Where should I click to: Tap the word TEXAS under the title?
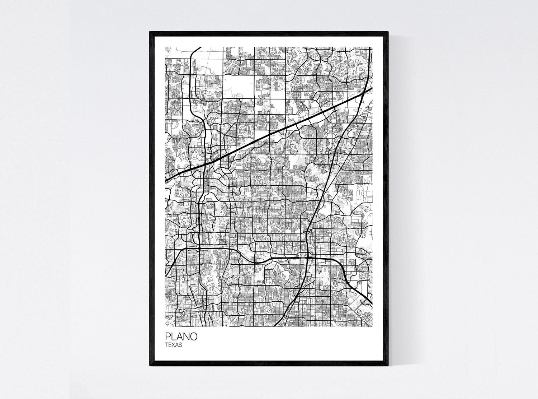tap(174, 345)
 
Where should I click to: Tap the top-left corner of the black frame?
tap(150, 32)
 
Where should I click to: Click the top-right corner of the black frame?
tap(388, 32)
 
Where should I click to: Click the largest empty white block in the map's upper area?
tap(238, 86)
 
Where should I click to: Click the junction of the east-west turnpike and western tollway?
tap(198, 248)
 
